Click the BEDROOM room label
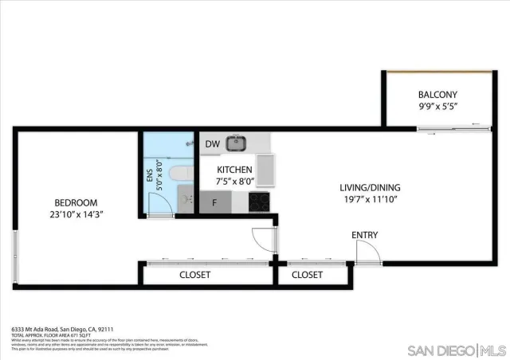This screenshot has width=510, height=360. [x=76, y=202]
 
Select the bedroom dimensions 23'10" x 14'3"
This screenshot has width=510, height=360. [x=76, y=213]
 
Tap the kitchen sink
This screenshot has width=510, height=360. [x=235, y=144]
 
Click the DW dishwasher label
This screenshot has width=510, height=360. [x=212, y=144]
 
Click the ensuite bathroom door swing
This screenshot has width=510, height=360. [x=162, y=205]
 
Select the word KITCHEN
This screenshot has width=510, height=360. [x=235, y=170]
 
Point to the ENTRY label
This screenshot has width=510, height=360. [x=365, y=235]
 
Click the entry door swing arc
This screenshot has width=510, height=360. [x=367, y=253]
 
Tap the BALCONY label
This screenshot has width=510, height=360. [x=437, y=94]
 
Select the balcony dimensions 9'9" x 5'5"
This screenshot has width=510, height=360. [x=437, y=106]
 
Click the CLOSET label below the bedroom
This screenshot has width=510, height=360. [x=194, y=275]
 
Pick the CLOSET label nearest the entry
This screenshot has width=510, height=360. [x=307, y=275]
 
